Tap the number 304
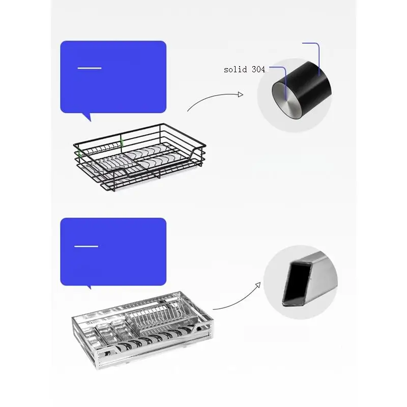tap(258, 69)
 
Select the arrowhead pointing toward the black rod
tap(240, 94)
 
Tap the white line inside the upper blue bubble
tap(89, 68)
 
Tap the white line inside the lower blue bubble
tap(86, 246)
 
